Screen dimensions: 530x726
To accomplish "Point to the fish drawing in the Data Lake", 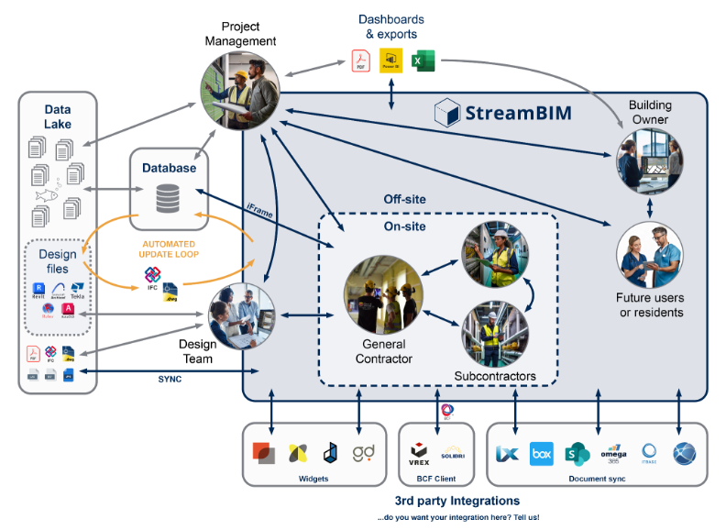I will pyautogui.click(x=43, y=195).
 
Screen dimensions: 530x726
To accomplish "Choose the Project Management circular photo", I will pyautogui.click(x=239, y=91).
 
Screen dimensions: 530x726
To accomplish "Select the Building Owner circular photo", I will pyautogui.click(x=650, y=161).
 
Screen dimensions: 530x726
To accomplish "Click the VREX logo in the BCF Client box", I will pyautogui.click(x=420, y=453).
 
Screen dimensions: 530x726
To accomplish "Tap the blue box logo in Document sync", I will pyautogui.click(x=542, y=453).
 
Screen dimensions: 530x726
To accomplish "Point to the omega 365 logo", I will pyautogui.click(x=613, y=453).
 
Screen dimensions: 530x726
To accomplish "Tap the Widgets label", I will pyautogui.click(x=313, y=478).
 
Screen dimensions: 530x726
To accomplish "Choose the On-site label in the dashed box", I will pyautogui.click(x=404, y=226).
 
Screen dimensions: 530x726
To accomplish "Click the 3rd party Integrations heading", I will pyautogui.click(x=456, y=501).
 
